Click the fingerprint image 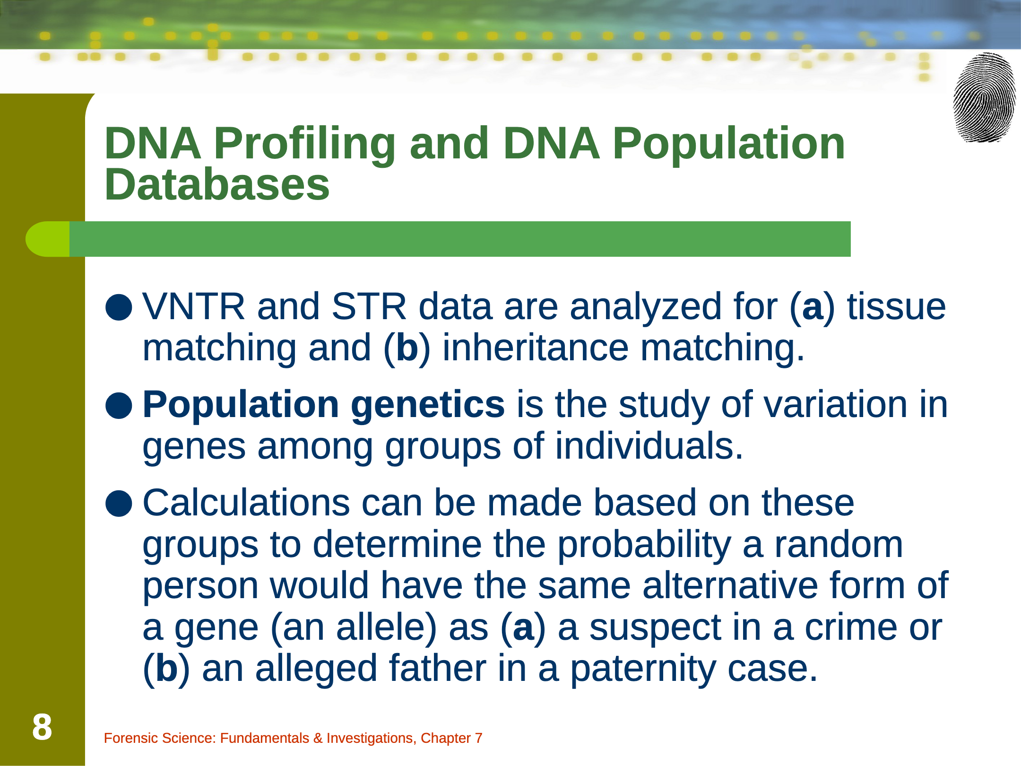coord(984,97)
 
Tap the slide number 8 coord(42,727)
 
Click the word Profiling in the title coord(304,144)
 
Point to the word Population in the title coord(728,144)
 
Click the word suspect coord(656,629)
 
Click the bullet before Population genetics coord(119,406)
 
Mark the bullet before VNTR coord(119,307)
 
